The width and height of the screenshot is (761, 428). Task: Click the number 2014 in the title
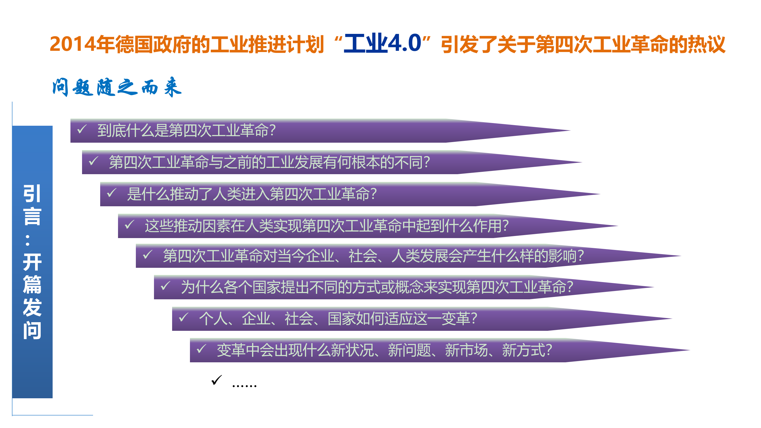pos(73,44)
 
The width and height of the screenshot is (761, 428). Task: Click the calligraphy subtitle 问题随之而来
pos(117,87)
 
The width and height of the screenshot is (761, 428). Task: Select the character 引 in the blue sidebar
pos(32,193)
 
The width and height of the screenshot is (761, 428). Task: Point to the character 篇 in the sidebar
pos(32,284)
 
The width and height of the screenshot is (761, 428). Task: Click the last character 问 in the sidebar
pos(32,330)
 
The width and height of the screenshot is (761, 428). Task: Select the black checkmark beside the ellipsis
pos(216,380)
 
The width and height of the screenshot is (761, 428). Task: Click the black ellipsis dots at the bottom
pos(244,385)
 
